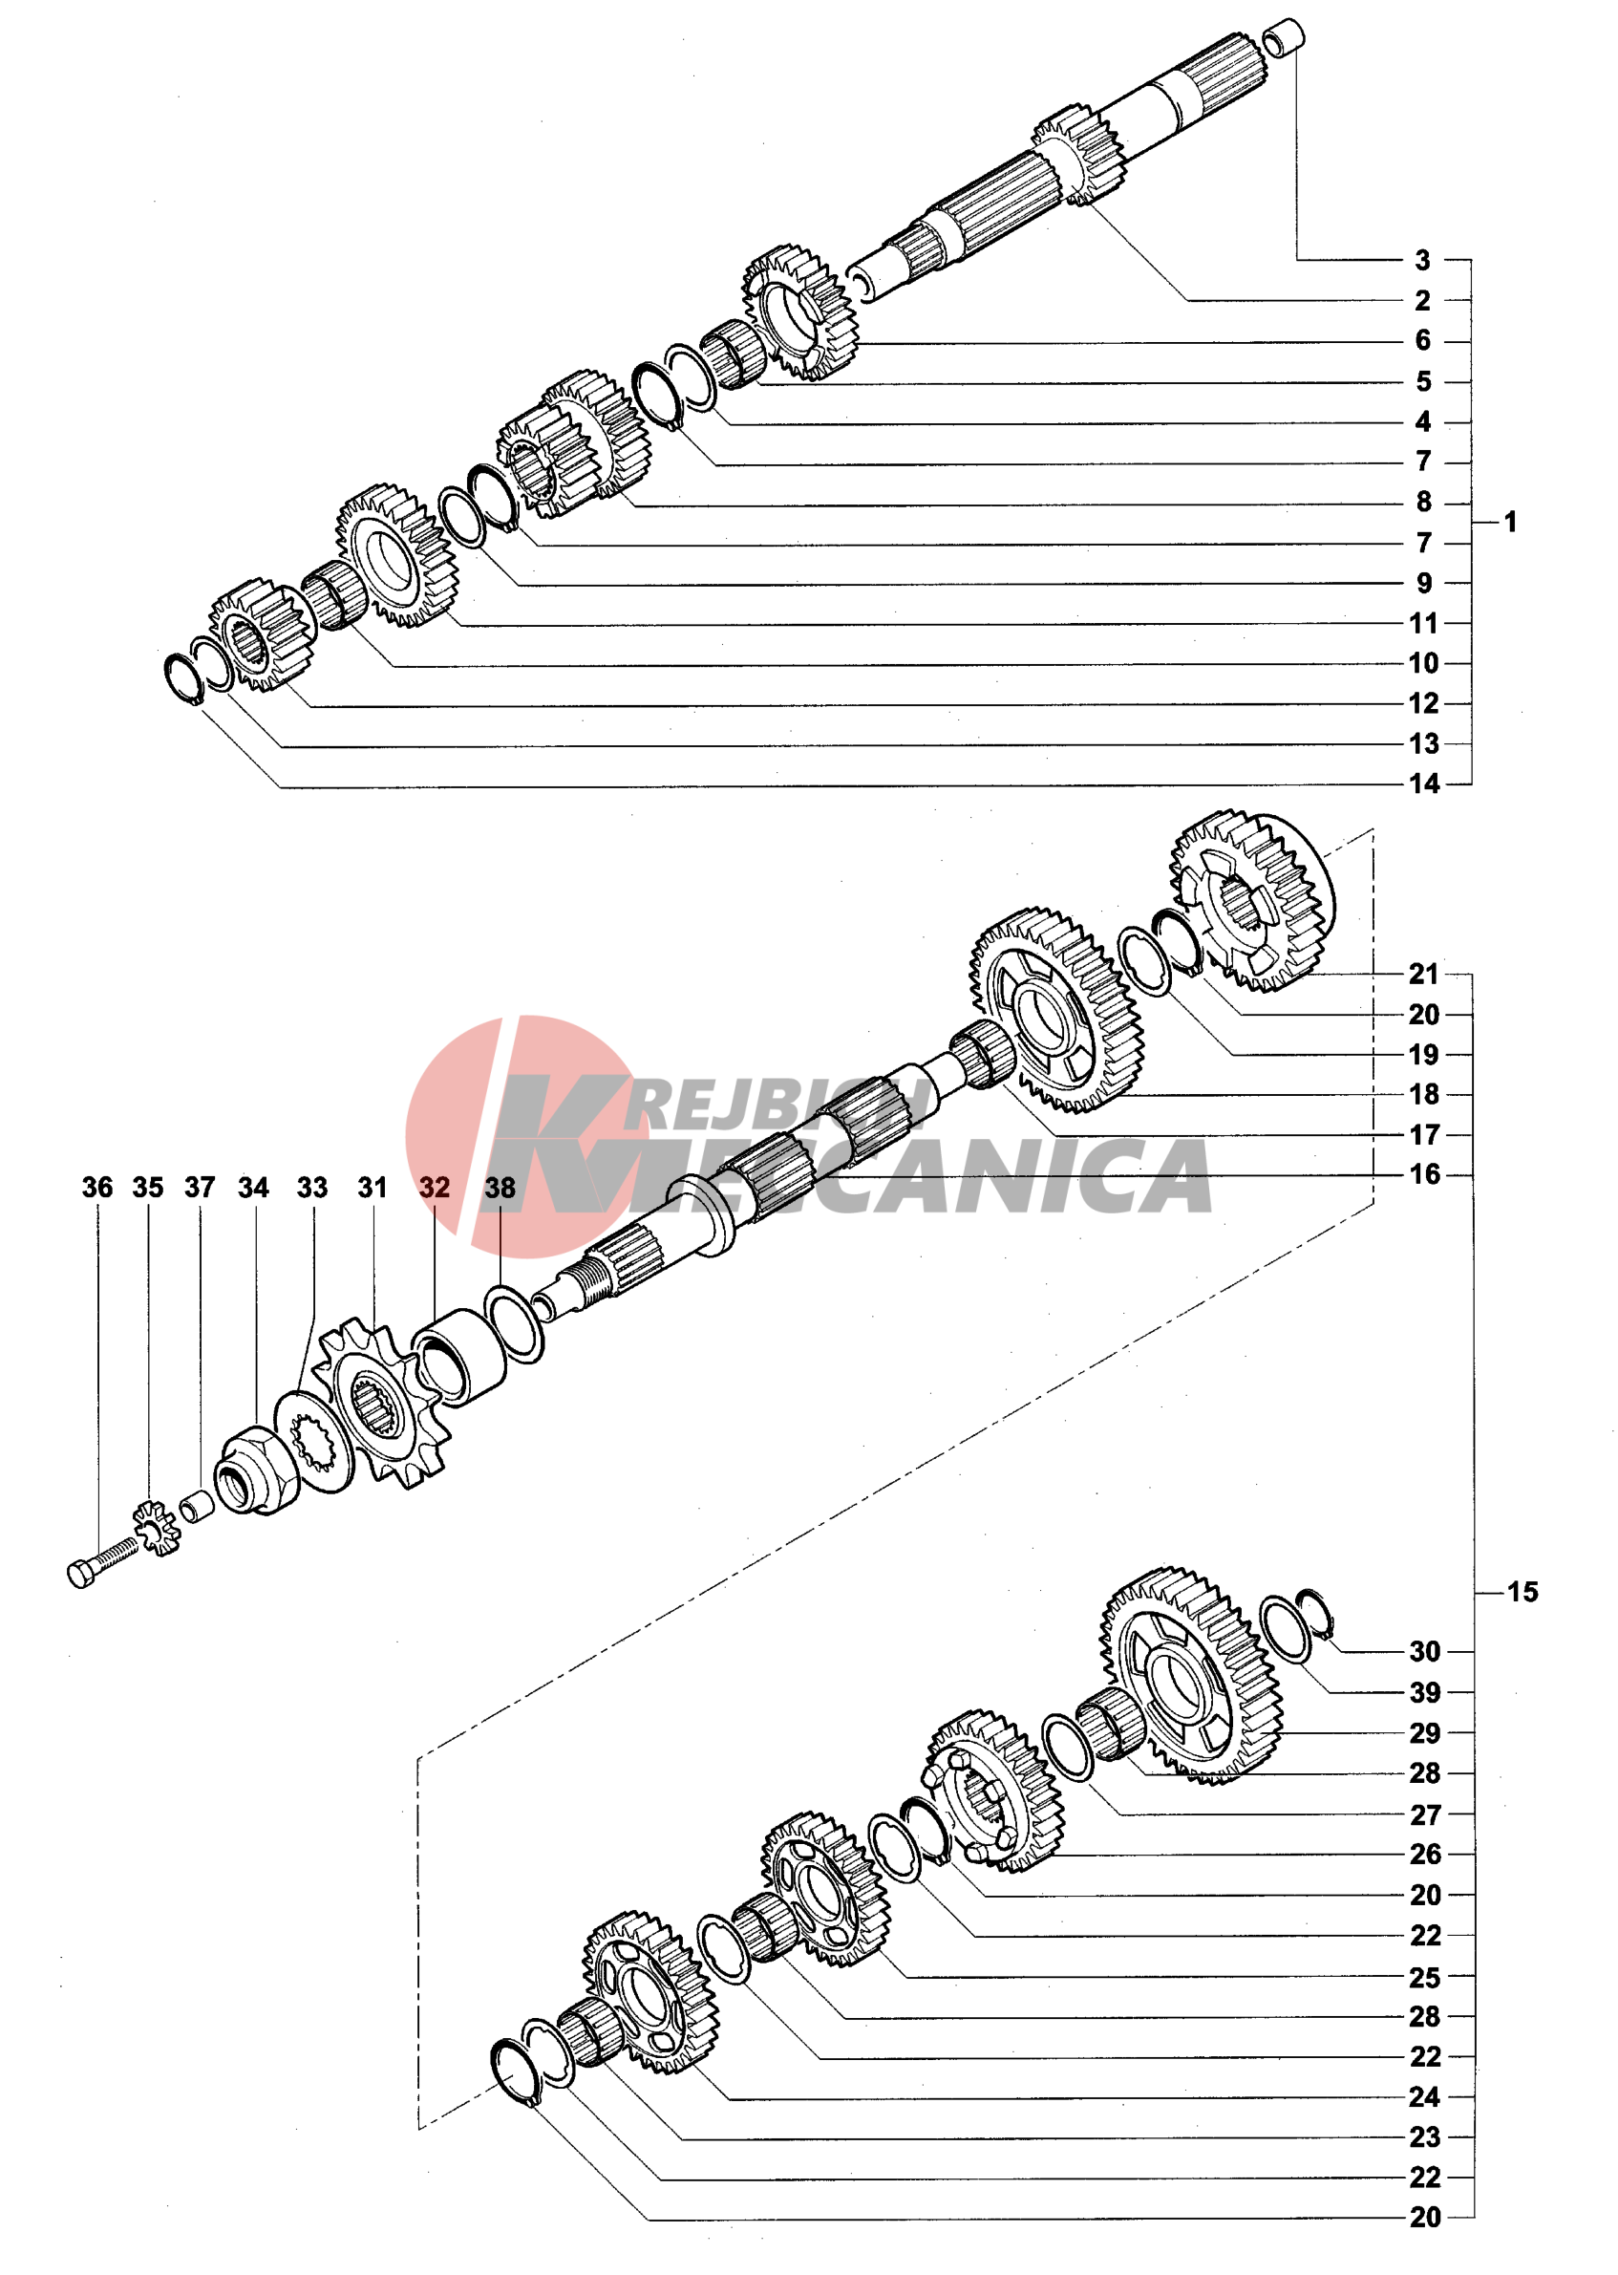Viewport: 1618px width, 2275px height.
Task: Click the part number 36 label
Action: coord(96,1187)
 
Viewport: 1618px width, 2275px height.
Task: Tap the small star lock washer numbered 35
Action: coord(156,1528)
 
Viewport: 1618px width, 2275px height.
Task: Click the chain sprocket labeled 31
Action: coord(379,1402)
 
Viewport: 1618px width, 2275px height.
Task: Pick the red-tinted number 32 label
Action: coord(435,1187)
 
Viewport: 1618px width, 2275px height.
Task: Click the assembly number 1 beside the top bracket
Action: coord(1510,521)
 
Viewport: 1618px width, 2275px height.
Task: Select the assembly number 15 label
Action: coord(1522,1592)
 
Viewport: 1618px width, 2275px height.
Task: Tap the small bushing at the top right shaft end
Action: coord(1284,37)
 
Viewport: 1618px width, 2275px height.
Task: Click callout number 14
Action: coord(1424,783)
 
